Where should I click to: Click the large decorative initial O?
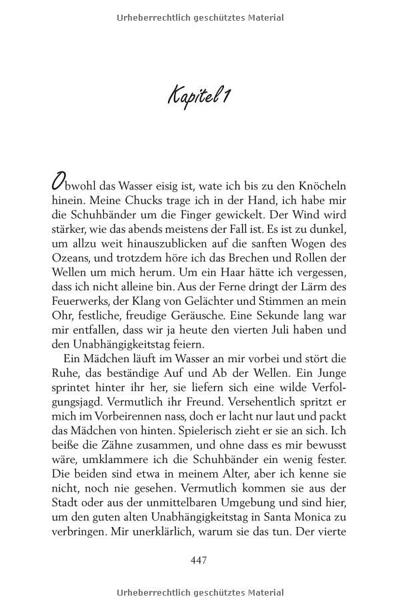pos(59,182)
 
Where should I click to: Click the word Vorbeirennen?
pos(113,418)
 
